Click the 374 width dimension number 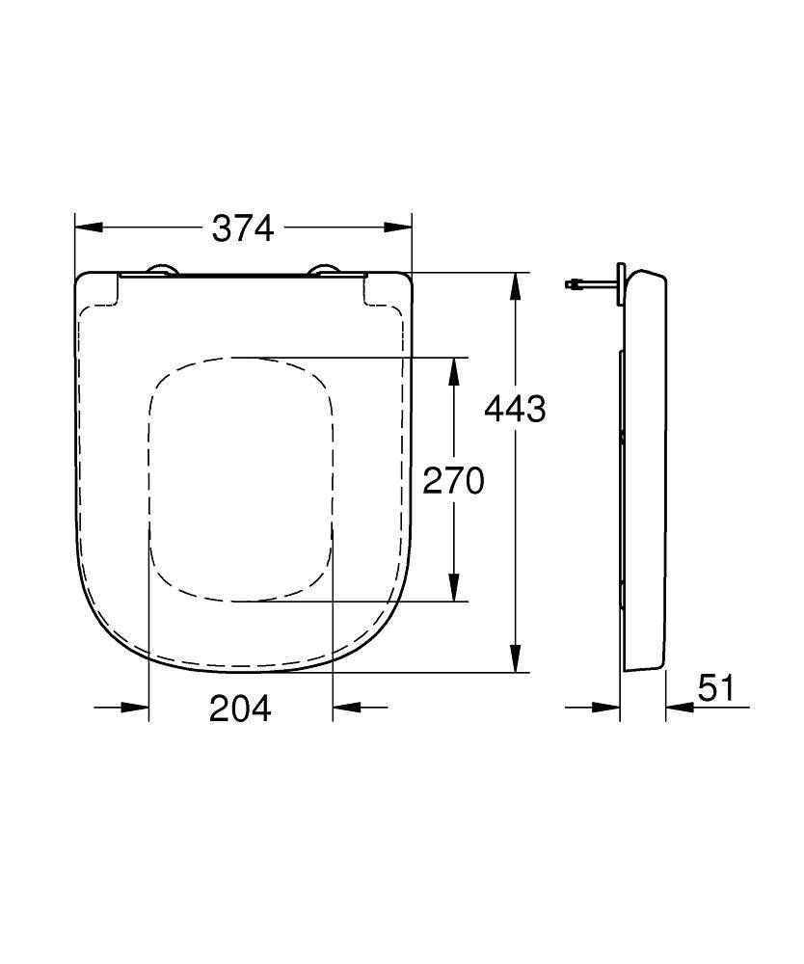tap(243, 228)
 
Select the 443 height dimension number tap(515, 409)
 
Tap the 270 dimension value tap(453, 480)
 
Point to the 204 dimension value tap(241, 709)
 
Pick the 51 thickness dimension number tap(716, 688)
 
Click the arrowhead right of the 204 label tap(345, 708)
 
